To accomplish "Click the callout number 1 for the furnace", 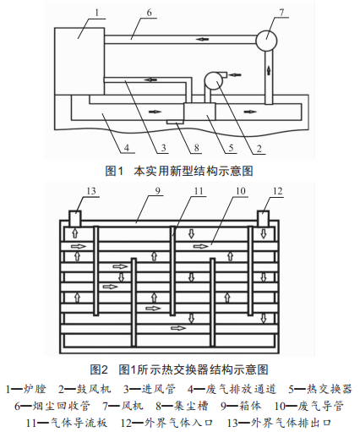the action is click(x=97, y=13).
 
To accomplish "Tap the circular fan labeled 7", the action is click(x=266, y=41).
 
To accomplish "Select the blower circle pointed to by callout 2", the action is click(x=214, y=80).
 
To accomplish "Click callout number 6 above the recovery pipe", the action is click(x=149, y=13).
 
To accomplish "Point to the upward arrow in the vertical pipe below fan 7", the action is click(x=269, y=68).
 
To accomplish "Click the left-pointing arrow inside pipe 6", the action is click(x=203, y=39).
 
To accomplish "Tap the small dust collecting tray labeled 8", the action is click(x=175, y=122).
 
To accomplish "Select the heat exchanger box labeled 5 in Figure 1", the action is click(x=199, y=112).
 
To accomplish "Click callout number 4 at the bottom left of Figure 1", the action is click(x=127, y=148).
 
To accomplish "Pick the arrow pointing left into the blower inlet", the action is click(x=236, y=74).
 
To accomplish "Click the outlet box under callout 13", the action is click(x=75, y=218).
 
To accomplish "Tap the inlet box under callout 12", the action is click(x=263, y=218).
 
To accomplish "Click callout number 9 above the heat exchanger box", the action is click(x=157, y=191).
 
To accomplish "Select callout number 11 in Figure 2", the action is click(x=199, y=191).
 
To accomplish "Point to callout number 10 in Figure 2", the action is click(x=241, y=191).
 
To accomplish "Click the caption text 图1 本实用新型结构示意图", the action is click(x=179, y=171).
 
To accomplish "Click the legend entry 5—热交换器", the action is click(x=320, y=389).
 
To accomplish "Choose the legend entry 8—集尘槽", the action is click(x=182, y=406).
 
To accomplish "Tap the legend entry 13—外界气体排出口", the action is click(x=279, y=423).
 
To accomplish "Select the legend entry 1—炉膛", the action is click(x=26, y=389).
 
